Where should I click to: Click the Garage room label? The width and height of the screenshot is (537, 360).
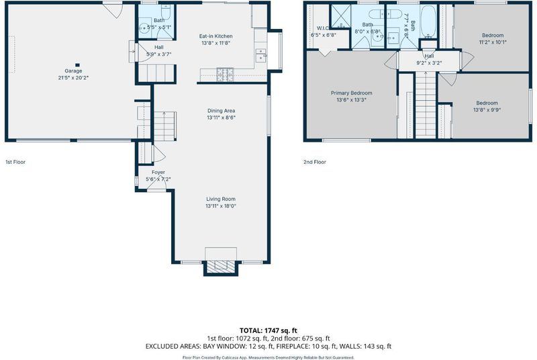pyautogui.click(x=73, y=71)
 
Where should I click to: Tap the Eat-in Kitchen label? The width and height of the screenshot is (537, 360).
pyautogui.click(x=215, y=36)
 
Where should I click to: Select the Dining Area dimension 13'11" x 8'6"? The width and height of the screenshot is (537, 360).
pyautogui.click(x=221, y=118)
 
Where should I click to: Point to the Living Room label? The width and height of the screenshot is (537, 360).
pyautogui.click(x=221, y=199)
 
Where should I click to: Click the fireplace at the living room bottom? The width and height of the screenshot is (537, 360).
pyautogui.click(x=221, y=267)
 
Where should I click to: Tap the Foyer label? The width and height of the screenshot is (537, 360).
pyautogui.click(x=158, y=173)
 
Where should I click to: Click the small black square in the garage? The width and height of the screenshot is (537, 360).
pyautogui.click(x=77, y=64)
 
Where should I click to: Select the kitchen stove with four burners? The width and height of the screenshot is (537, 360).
pyautogui.click(x=225, y=75)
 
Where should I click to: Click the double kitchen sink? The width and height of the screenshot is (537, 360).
pyautogui.click(x=260, y=55)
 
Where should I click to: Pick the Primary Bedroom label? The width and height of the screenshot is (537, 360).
pyautogui.click(x=351, y=93)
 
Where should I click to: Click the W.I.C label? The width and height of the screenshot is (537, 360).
pyautogui.click(x=323, y=28)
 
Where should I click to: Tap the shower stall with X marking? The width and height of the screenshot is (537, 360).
pyautogui.click(x=340, y=16)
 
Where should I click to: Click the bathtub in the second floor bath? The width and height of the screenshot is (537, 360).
pyautogui.click(x=428, y=21)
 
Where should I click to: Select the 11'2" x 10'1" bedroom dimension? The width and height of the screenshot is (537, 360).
pyautogui.click(x=493, y=42)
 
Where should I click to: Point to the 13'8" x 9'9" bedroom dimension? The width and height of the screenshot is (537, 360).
pyautogui.click(x=487, y=110)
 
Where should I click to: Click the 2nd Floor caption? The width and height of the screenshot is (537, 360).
pyautogui.click(x=315, y=162)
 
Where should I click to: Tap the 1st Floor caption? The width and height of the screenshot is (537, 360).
pyautogui.click(x=15, y=162)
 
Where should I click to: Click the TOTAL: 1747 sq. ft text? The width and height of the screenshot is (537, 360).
pyautogui.click(x=268, y=330)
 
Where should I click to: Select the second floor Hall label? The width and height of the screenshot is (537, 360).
pyautogui.click(x=429, y=56)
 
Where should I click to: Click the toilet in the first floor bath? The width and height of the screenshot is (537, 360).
pyautogui.click(x=166, y=12)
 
